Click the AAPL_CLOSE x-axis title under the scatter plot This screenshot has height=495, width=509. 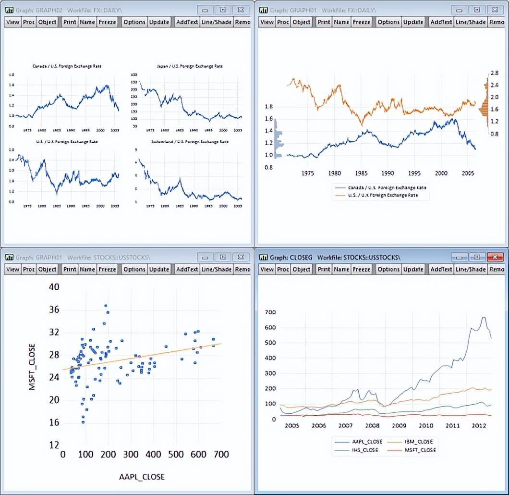click(142, 477)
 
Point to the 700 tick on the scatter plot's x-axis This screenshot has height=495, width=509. click(221, 454)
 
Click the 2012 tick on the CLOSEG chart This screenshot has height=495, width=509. click(478, 426)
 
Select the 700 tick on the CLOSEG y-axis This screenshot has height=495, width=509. click(271, 312)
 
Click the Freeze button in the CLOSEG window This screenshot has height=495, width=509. click(361, 270)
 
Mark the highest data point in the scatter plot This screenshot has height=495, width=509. click(106, 306)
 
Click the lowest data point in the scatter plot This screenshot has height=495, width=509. click(83, 422)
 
